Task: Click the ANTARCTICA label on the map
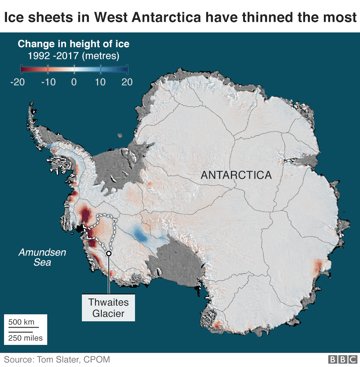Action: [x=236, y=175]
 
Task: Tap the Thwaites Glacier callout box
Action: [x=108, y=308]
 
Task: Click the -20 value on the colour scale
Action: [x=17, y=82]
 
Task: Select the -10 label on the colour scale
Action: [x=48, y=82]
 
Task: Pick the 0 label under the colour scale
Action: [x=74, y=82]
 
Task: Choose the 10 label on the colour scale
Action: [x=100, y=82]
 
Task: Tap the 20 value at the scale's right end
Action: [x=127, y=82]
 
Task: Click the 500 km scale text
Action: [x=21, y=322]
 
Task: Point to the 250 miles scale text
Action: [x=25, y=338]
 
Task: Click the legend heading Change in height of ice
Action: [x=73, y=44]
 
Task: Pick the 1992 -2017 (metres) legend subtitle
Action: [x=73, y=56]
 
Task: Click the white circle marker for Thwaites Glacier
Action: [x=108, y=253]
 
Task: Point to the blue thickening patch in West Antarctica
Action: [x=141, y=235]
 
